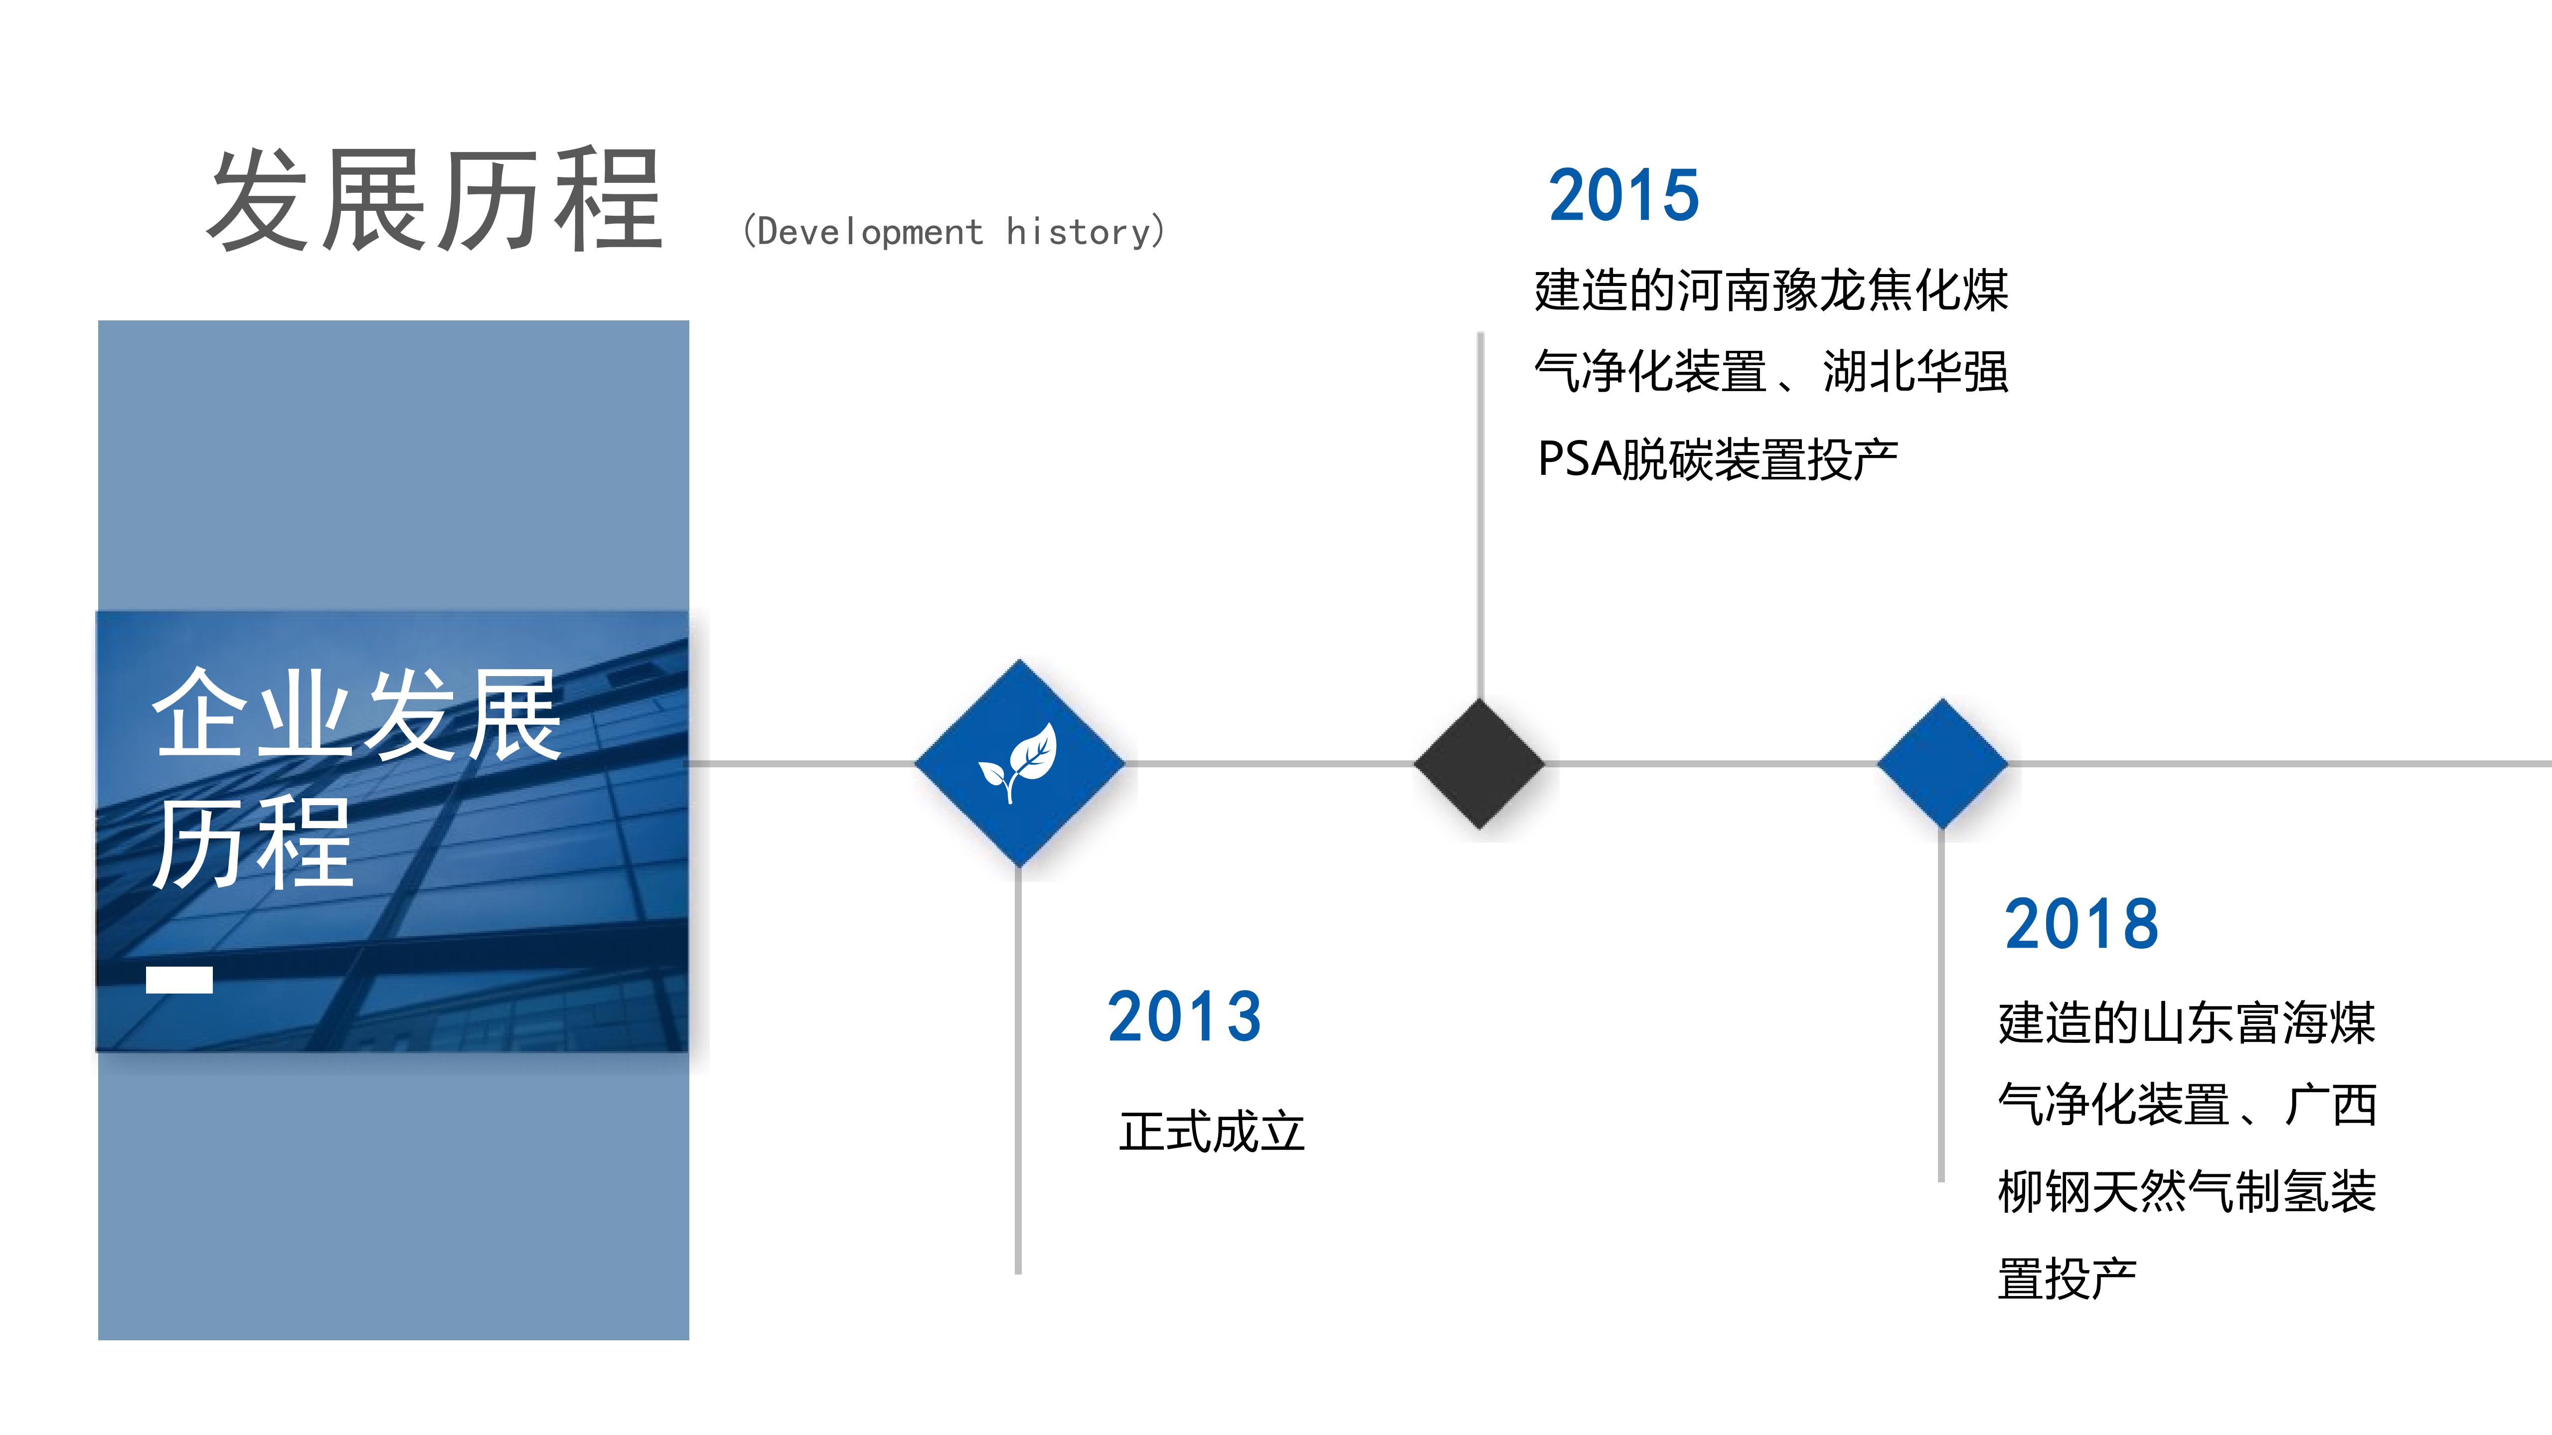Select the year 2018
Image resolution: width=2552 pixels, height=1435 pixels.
2081,924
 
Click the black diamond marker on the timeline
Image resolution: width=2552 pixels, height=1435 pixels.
1479,763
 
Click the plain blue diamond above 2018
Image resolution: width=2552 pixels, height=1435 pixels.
1942,763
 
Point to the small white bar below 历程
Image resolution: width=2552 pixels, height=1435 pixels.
179,980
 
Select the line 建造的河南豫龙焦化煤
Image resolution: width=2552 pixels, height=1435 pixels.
1771,290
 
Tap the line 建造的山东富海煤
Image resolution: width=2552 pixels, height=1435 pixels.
2187,1023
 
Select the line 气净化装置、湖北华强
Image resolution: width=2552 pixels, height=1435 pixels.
1771,372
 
